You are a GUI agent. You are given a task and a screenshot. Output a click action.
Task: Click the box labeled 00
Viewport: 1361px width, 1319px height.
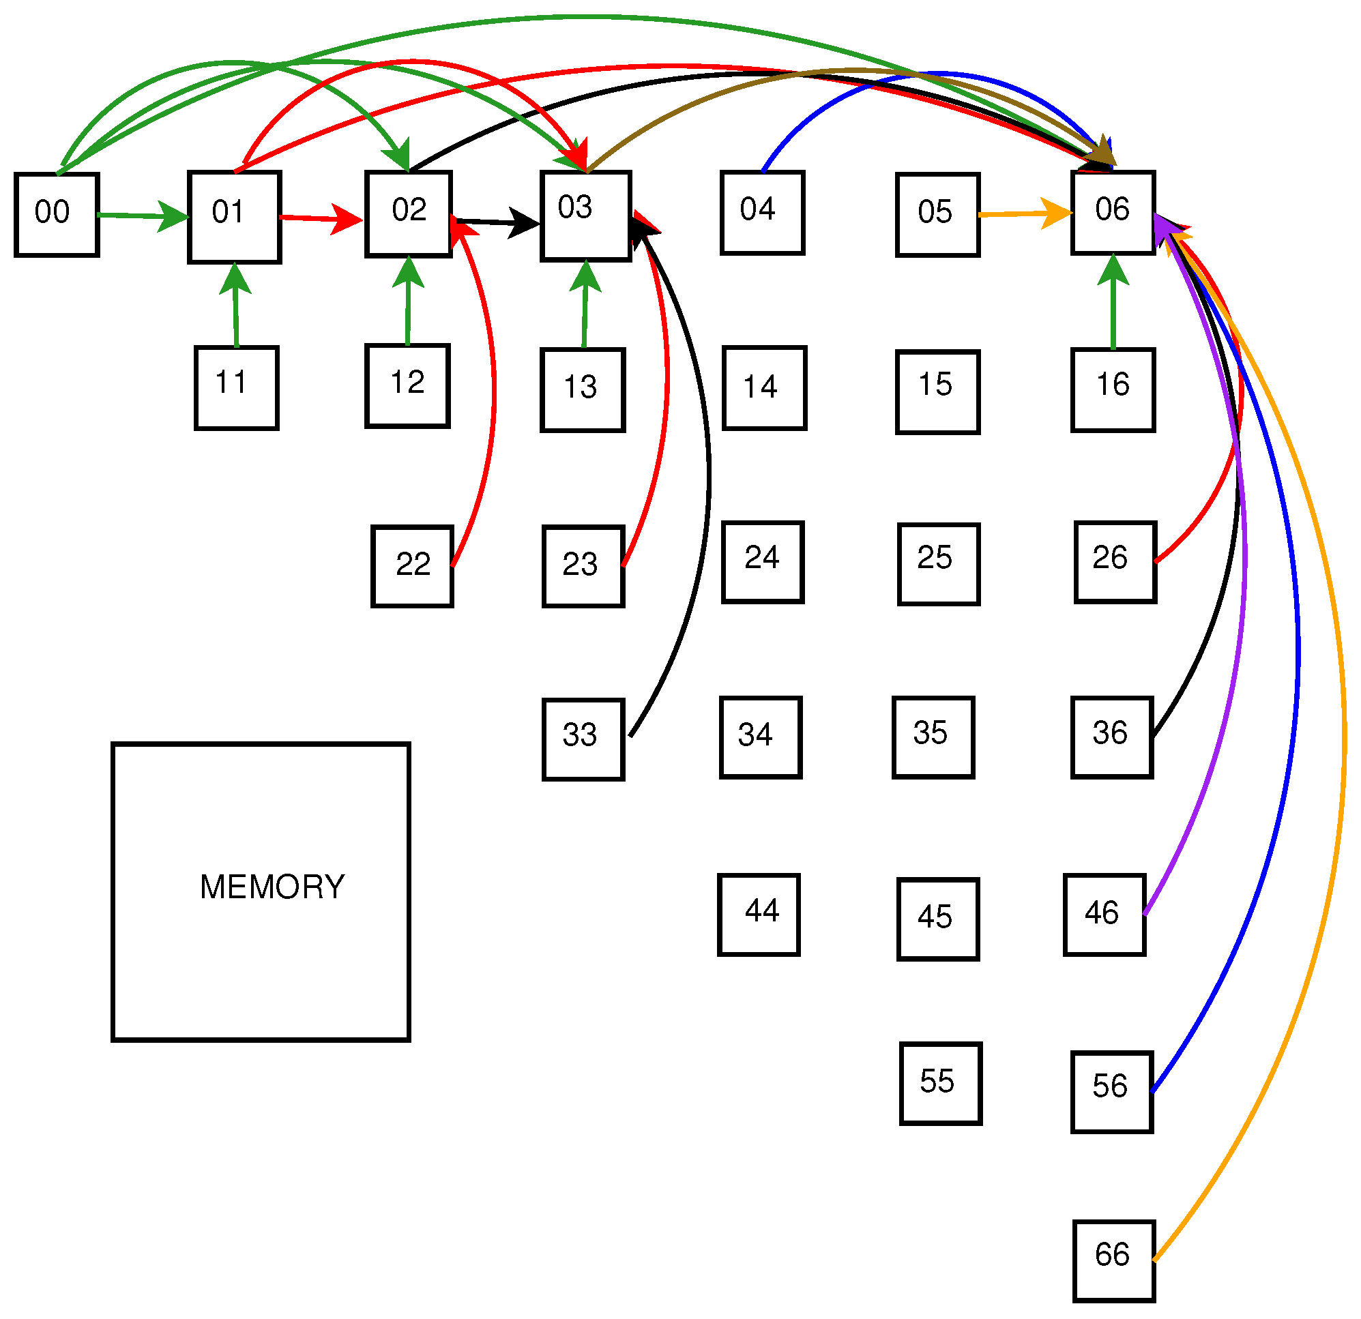coord(57,216)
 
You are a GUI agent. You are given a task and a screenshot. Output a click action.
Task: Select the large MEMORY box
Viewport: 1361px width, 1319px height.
coord(261,892)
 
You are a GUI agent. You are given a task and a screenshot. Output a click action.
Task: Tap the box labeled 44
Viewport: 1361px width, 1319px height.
coord(760,916)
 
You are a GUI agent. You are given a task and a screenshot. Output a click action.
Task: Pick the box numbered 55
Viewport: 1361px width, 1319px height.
coord(941,1084)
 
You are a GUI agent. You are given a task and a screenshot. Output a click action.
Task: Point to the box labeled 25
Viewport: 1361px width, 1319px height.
coord(939,565)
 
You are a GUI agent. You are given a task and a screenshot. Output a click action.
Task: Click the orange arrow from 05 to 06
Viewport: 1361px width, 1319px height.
coord(1021,215)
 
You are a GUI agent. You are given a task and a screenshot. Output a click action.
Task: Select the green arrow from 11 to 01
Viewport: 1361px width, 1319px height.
coord(236,309)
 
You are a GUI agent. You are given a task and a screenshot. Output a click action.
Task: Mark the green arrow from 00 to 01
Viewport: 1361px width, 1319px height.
coord(139,217)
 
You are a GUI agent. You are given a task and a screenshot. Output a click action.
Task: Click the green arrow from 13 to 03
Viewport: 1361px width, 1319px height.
coord(585,309)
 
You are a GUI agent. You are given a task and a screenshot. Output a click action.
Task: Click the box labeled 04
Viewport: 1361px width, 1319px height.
coord(763,213)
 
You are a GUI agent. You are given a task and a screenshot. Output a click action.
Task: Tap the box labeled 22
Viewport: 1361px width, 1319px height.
coord(413,567)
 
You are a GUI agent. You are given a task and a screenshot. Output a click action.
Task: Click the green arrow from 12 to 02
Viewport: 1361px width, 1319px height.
coord(408,306)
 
